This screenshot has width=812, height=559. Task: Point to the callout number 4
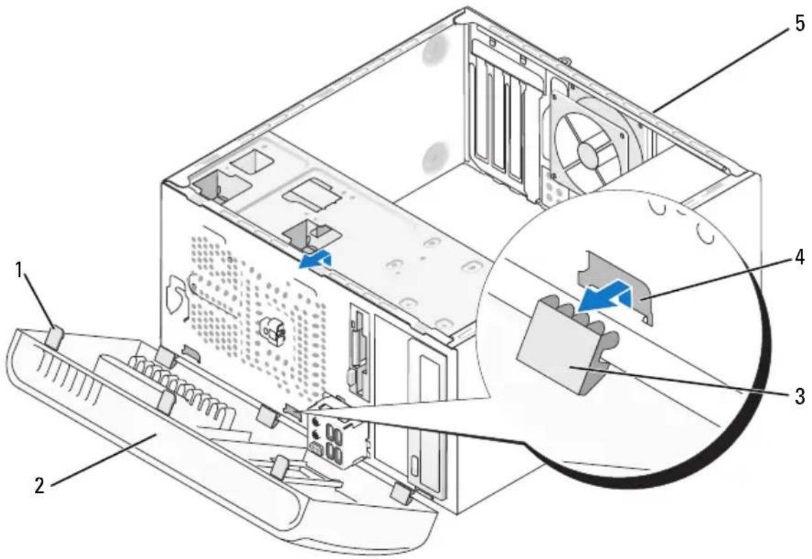[x=800, y=257]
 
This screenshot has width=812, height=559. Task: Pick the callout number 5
[x=800, y=23]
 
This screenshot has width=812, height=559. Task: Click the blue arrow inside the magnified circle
[x=604, y=298]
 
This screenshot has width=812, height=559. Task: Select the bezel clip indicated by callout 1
[x=56, y=337]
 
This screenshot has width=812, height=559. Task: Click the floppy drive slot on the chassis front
[x=357, y=353]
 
